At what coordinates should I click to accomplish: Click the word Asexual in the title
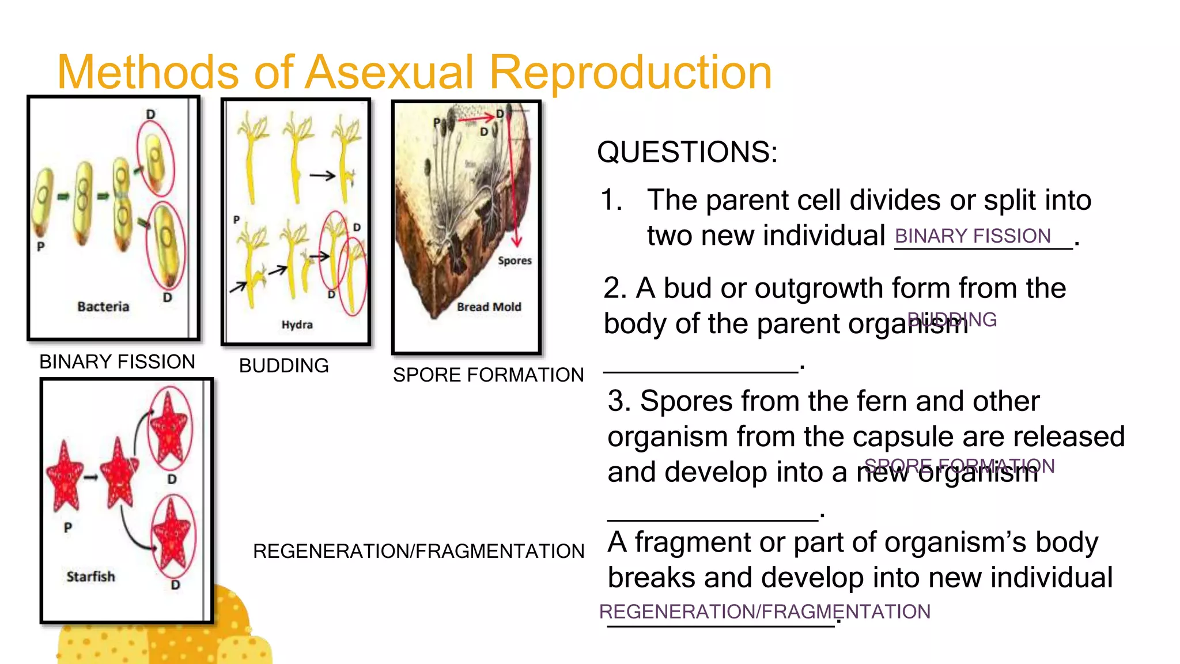[x=389, y=73]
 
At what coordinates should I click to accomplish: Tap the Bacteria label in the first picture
[x=103, y=307]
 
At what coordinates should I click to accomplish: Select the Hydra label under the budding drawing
[x=297, y=325]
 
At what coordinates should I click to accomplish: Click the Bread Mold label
[x=489, y=307]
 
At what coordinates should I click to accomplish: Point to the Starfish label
[x=90, y=576]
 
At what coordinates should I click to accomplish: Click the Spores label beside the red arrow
[x=515, y=261]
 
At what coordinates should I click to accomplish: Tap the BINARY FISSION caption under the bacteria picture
[x=117, y=362]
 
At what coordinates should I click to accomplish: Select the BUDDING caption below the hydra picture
[x=283, y=366]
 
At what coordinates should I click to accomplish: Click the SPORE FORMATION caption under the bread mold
[x=488, y=375]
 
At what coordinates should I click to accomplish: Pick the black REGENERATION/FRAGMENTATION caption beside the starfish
[x=418, y=552]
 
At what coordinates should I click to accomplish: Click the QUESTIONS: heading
[x=687, y=152]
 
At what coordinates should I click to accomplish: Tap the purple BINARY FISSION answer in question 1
[x=973, y=236]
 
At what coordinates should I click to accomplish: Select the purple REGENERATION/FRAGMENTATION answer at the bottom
[x=765, y=612]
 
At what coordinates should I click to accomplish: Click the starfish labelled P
[x=65, y=476]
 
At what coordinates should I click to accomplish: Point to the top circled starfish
[x=168, y=427]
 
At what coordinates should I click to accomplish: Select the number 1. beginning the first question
[x=611, y=201]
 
